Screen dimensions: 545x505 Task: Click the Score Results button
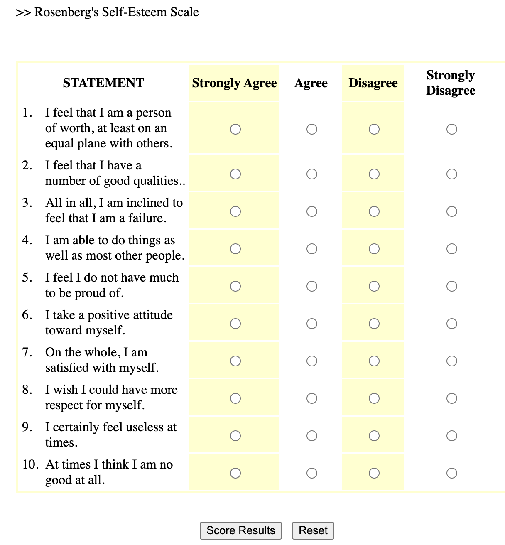(x=240, y=530)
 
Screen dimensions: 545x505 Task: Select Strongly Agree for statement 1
(x=235, y=129)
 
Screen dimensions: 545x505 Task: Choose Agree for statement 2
(x=312, y=174)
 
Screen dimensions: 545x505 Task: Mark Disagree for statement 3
(x=374, y=211)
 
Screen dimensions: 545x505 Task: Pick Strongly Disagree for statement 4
(x=452, y=249)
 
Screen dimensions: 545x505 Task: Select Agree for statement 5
(x=312, y=286)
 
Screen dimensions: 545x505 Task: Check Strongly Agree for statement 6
(x=235, y=324)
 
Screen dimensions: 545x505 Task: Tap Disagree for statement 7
(x=374, y=361)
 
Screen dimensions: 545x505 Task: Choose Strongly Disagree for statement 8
(x=452, y=398)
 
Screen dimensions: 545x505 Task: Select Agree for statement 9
(x=312, y=436)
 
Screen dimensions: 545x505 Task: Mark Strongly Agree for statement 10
(x=235, y=473)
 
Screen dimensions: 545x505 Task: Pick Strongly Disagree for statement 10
(x=452, y=473)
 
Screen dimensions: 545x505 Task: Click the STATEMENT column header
(x=103, y=83)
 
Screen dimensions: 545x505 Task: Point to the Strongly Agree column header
(x=234, y=83)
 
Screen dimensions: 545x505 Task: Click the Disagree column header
(x=373, y=83)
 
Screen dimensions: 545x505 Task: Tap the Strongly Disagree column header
(x=451, y=83)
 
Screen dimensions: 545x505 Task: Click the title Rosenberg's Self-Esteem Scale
(x=116, y=12)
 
